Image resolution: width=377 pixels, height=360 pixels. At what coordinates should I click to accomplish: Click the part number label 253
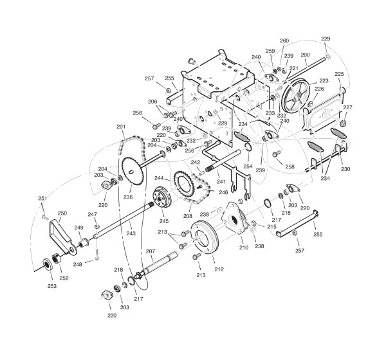[52, 286]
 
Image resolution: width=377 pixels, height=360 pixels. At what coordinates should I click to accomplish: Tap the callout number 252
[64, 278]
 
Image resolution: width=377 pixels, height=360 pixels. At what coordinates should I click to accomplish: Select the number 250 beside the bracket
[62, 213]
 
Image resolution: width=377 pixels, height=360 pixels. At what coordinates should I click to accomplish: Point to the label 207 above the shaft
[151, 251]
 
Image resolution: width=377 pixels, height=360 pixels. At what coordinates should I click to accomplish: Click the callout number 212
[219, 269]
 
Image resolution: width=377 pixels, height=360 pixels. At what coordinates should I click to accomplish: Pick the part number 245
[164, 221]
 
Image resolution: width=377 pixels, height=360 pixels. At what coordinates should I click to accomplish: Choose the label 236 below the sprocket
[128, 197]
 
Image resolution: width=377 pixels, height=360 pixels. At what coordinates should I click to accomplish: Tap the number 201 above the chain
[121, 127]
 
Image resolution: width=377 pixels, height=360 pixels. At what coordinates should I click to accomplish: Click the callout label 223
[324, 80]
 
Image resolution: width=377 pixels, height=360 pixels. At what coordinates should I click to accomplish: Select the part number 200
[306, 55]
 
